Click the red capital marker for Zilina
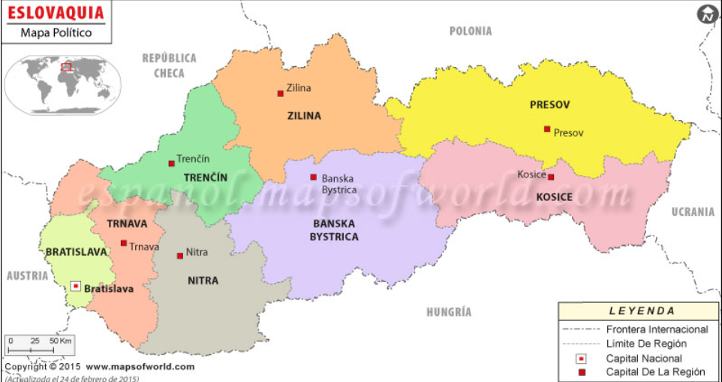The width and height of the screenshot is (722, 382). (281, 93)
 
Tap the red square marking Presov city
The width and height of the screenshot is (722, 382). (547, 129)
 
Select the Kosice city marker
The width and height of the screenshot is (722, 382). (551, 177)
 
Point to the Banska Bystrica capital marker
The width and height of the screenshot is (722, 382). (313, 177)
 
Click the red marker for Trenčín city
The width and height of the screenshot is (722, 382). (171, 163)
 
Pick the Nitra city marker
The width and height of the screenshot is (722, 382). (179, 256)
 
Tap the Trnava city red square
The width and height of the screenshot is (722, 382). (123, 243)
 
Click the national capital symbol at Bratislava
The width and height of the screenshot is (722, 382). (76, 286)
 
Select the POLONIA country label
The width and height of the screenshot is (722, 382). (471, 31)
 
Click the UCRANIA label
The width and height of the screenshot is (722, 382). (693, 212)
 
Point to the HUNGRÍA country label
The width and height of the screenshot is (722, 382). (449, 312)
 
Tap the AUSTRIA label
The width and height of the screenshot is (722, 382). (28, 276)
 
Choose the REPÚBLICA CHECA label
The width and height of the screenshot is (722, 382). (170, 65)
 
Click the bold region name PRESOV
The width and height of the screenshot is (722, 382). (549, 105)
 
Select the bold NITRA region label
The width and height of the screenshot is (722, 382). (203, 280)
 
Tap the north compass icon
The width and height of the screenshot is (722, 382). (707, 14)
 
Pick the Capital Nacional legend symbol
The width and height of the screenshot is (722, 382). (582, 359)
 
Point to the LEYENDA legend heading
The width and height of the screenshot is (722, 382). (642, 311)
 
